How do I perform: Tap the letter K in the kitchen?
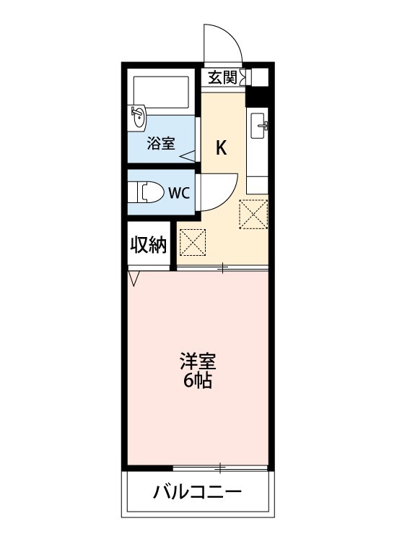222,149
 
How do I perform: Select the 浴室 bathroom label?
160,143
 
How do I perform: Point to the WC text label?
179,193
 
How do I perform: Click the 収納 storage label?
149,246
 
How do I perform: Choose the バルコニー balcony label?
197,494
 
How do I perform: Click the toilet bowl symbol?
147,193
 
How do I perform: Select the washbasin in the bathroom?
137,116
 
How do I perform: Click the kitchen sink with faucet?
259,126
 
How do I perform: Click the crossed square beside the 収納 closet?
193,242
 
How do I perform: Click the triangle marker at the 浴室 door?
187,155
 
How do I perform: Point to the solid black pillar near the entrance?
258,94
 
